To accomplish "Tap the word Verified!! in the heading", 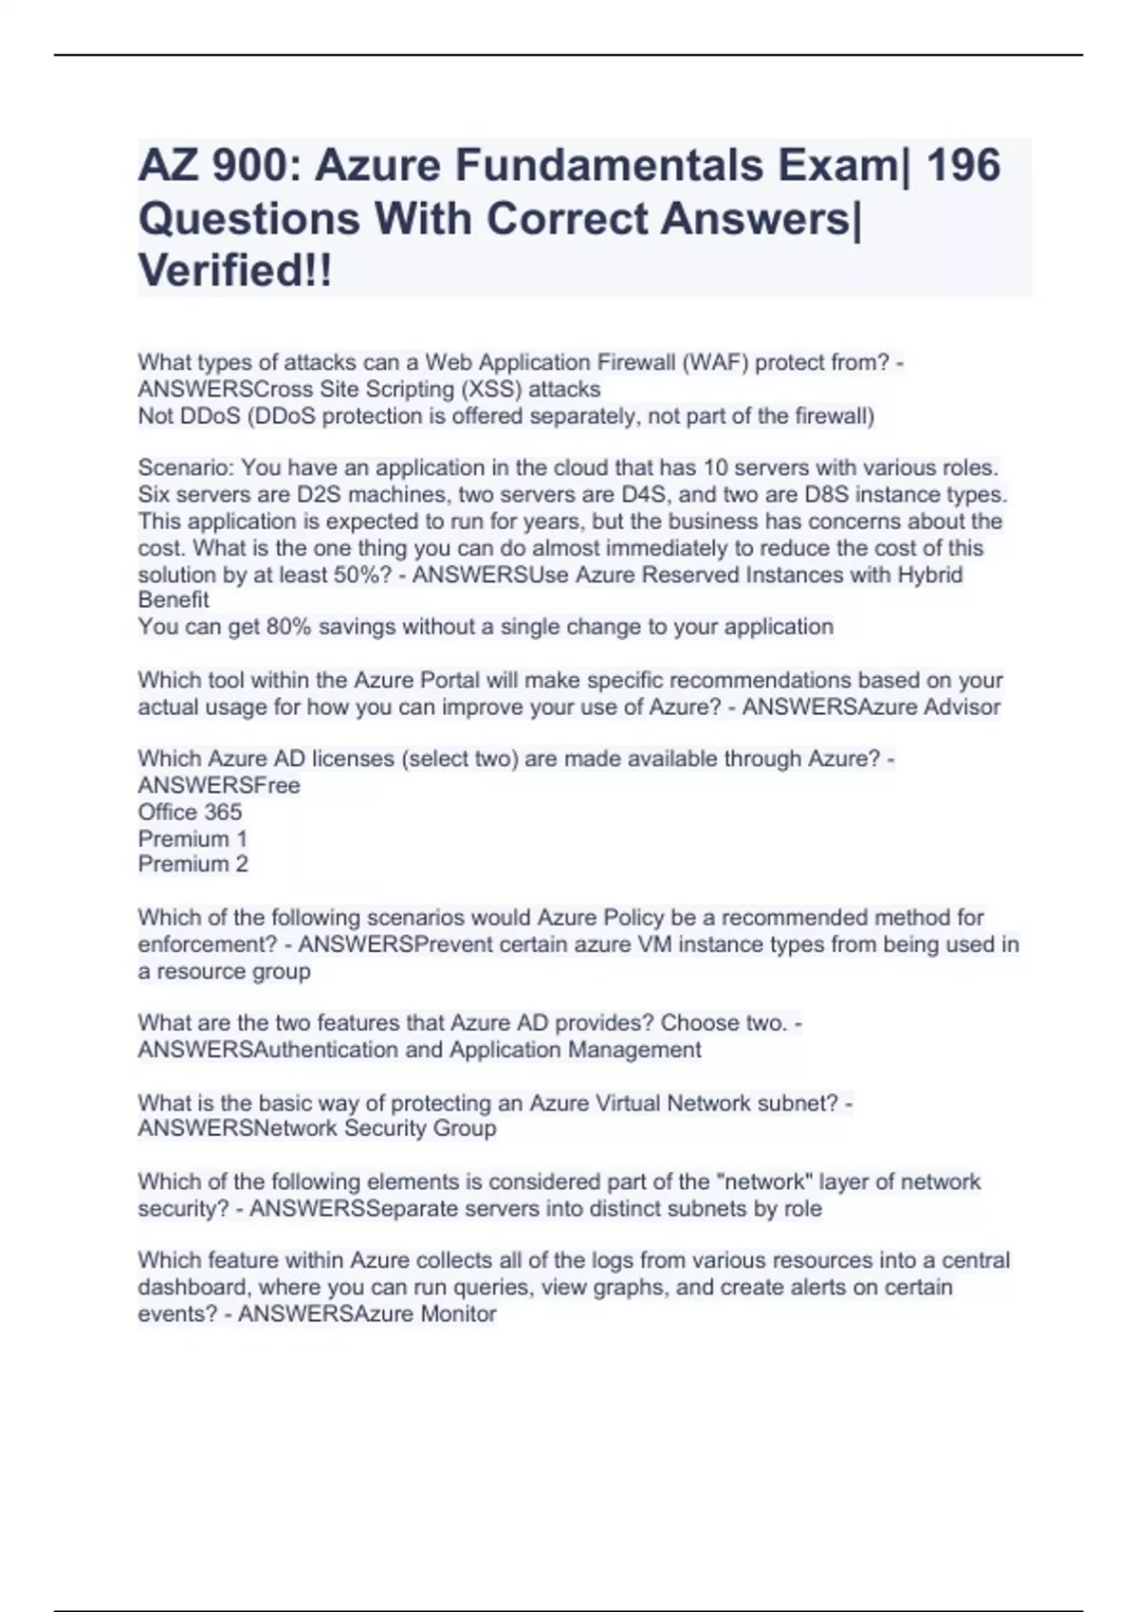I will (235, 271).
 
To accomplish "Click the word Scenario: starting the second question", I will (186, 467).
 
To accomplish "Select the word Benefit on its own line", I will (174, 600).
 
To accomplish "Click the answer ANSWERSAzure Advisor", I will (871, 706).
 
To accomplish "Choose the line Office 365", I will (190, 812).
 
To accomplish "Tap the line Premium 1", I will (193, 838).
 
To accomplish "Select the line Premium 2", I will (193, 864).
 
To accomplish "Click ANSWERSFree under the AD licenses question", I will (219, 785).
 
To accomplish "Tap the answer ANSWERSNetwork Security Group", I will (317, 1128).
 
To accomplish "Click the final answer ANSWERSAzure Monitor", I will (367, 1314).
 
